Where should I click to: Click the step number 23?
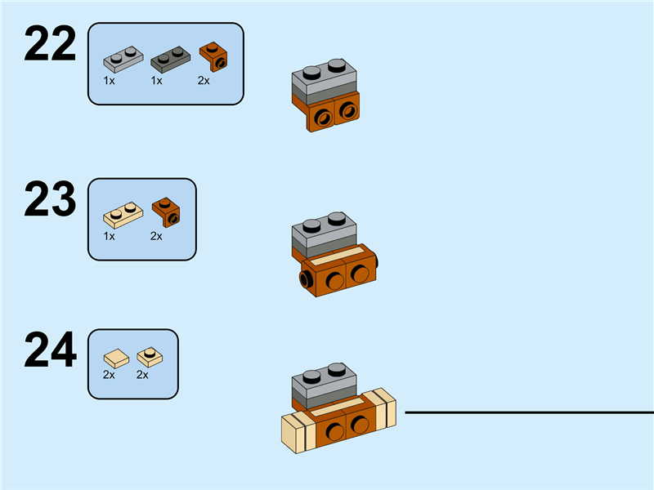(50, 200)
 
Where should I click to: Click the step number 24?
(50, 351)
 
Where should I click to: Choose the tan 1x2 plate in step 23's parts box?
(123, 214)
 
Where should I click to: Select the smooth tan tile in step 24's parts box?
(115, 357)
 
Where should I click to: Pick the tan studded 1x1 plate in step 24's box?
(149, 356)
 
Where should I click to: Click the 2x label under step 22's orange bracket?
(204, 81)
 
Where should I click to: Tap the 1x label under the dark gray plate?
(156, 81)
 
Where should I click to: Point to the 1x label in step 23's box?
(109, 236)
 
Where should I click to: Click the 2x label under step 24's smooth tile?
(109, 375)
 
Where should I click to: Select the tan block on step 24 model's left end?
(293, 433)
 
